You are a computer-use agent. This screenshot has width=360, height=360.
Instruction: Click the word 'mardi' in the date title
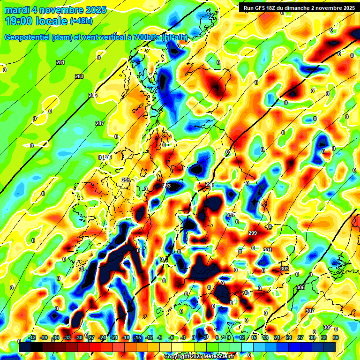(17, 10)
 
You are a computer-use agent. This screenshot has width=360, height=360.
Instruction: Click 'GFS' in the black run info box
(265, 8)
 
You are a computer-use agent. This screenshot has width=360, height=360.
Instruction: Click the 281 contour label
(60, 63)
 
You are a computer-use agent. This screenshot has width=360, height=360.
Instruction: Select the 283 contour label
(79, 76)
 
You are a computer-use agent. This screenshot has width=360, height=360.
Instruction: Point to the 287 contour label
(100, 123)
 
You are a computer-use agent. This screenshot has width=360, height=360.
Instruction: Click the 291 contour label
(126, 180)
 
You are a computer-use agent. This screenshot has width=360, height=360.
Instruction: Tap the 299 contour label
(252, 233)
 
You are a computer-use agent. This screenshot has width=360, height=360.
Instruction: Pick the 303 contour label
(285, 269)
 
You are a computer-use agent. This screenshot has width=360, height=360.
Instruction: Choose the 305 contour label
(301, 287)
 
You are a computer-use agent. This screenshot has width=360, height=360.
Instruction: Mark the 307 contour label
(309, 311)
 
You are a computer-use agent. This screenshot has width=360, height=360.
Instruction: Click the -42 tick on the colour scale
(32, 337)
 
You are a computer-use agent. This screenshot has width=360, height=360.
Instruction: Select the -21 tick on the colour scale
(114, 337)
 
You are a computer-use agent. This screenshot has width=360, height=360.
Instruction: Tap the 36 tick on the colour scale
(336, 337)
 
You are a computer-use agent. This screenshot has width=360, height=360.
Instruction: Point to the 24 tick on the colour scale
(289, 337)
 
